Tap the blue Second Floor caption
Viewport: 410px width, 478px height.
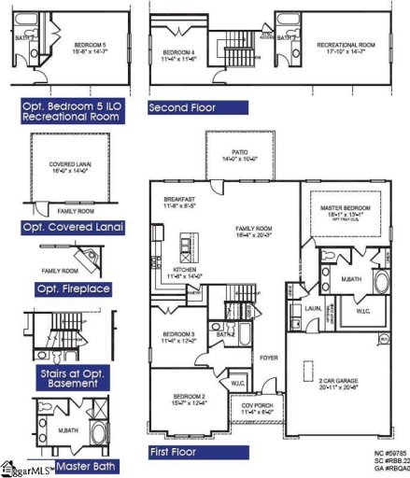(182, 107)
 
